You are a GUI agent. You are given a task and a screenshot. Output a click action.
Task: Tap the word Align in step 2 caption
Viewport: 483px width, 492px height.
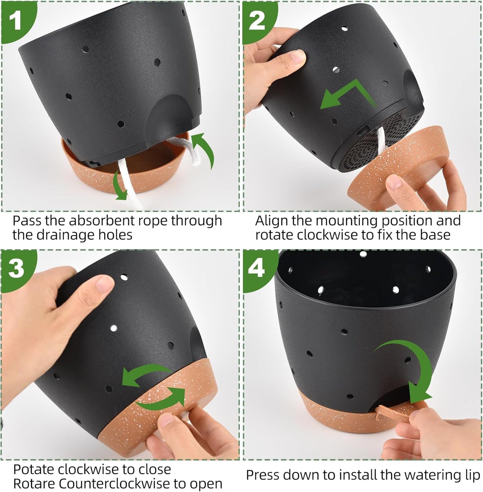(x=271, y=221)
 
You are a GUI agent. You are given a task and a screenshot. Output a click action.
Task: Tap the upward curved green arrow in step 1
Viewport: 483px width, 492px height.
(x=204, y=151)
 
